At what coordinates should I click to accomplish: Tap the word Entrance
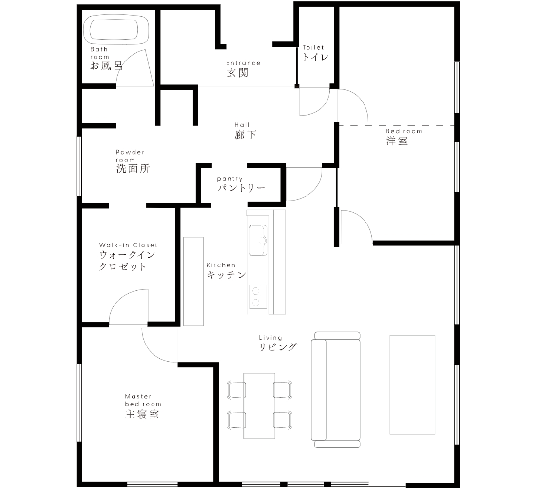(x=243, y=63)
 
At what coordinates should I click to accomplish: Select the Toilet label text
(x=313, y=48)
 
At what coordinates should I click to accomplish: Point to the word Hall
(x=242, y=125)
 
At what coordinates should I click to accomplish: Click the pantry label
(x=230, y=179)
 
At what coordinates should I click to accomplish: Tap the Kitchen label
(x=221, y=265)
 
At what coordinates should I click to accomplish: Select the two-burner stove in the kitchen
(x=257, y=297)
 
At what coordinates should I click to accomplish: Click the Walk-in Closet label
(x=128, y=245)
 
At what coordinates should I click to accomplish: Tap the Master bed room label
(x=143, y=400)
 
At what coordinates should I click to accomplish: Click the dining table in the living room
(x=259, y=406)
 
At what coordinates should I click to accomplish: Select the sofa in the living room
(x=336, y=390)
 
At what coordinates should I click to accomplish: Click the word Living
(x=270, y=338)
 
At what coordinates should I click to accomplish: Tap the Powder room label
(x=130, y=156)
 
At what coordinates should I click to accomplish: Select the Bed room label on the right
(x=403, y=131)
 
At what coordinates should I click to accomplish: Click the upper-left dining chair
(x=236, y=390)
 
